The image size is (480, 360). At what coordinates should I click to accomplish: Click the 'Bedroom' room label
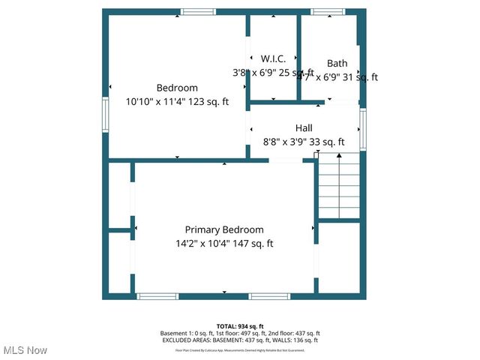pos(177,88)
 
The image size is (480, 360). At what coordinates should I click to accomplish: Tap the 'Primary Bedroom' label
pos(224,229)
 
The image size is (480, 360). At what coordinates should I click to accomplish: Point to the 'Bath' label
pos(337,63)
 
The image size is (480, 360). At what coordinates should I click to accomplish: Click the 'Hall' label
pos(304,128)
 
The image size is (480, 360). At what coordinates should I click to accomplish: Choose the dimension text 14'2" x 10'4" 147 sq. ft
pos(224,244)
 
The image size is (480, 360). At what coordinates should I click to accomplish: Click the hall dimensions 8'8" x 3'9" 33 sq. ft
pos(304,142)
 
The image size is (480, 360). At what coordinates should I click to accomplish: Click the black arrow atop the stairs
pos(339,156)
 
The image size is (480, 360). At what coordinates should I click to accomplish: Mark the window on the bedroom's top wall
pos(198,12)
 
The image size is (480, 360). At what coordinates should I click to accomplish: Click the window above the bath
pos(328,12)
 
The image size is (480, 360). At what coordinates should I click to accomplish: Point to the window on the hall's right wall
pos(363,128)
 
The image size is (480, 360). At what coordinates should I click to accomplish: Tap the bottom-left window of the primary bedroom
pos(157,296)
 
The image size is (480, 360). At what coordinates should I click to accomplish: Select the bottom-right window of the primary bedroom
pos(269,296)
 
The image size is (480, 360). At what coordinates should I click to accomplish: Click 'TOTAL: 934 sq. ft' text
pos(239,326)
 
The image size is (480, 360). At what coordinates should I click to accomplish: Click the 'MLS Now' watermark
pos(25,350)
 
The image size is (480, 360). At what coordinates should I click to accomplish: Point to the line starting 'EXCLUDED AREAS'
pos(239,340)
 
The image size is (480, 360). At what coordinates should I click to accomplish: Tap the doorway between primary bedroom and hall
pos(286,160)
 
